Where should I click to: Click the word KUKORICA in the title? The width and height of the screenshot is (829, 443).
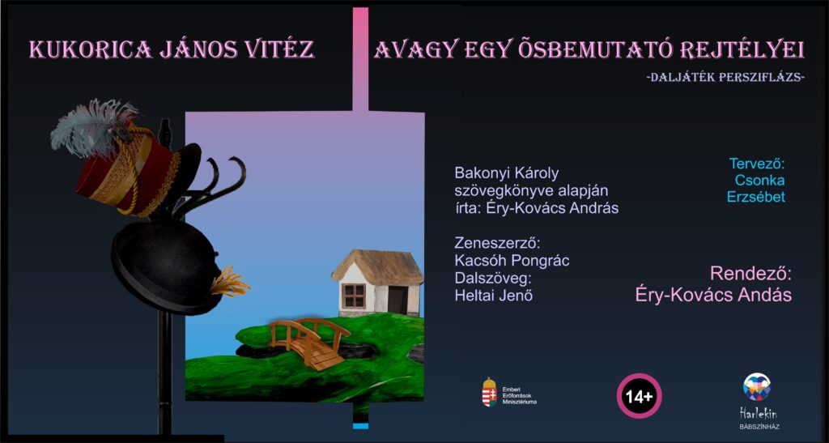click(x=90, y=49)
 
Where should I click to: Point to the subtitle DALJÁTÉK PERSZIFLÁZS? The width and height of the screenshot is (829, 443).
click(x=725, y=77)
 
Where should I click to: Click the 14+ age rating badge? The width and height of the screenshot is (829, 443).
click(x=640, y=396)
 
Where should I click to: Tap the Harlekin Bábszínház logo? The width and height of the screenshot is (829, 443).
click(x=757, y=401)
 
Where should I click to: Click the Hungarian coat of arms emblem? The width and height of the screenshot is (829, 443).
click(x=489, y=392)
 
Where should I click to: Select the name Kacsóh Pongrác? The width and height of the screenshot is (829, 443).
click(x=512, y=261)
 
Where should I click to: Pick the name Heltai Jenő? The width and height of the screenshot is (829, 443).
click(x=493, y=296)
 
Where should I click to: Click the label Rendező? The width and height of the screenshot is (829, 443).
click(x=750, y=274)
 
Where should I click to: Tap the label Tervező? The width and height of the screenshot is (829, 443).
click(x=757, y=164)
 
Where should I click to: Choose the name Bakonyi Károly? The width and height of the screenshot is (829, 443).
click(x=507, y=173)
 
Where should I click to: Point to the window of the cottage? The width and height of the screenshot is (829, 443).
click(x=354, y=296)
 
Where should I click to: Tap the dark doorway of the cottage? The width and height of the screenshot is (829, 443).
click(x=398, y=299)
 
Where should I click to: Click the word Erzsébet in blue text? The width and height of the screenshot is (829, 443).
click(x=755, y=197)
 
